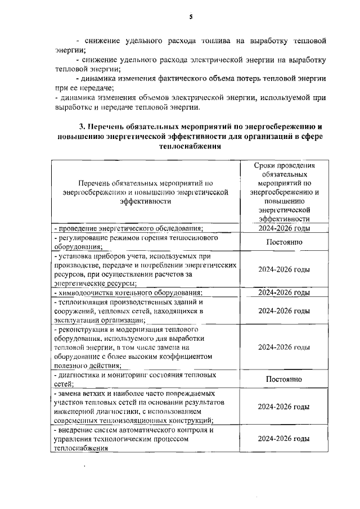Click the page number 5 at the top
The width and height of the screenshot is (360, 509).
(x=191, y=17)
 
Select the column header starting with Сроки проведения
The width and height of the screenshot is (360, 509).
(x=284, y=192)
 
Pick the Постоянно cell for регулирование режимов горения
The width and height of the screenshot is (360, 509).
(x=284, y=242)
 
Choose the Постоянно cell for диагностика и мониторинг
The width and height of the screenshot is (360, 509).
(x=284, y=379)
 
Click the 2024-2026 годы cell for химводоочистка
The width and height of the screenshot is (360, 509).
(x=284, y=292)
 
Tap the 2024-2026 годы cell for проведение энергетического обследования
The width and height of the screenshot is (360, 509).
(x=284, y=228)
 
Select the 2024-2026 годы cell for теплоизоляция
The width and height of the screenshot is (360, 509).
(x=284, y=310)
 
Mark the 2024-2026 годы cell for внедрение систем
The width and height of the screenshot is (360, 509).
(x=284, y=438)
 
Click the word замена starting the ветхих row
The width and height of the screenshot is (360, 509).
(x=69, y=393)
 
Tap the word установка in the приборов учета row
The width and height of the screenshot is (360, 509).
(x=75, y=256)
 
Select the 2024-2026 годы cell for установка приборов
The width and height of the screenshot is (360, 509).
(x=284, y=269)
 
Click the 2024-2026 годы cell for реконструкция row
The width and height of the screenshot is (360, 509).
(x=284, y=347)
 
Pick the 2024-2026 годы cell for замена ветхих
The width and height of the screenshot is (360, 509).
(x=284, y=406)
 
